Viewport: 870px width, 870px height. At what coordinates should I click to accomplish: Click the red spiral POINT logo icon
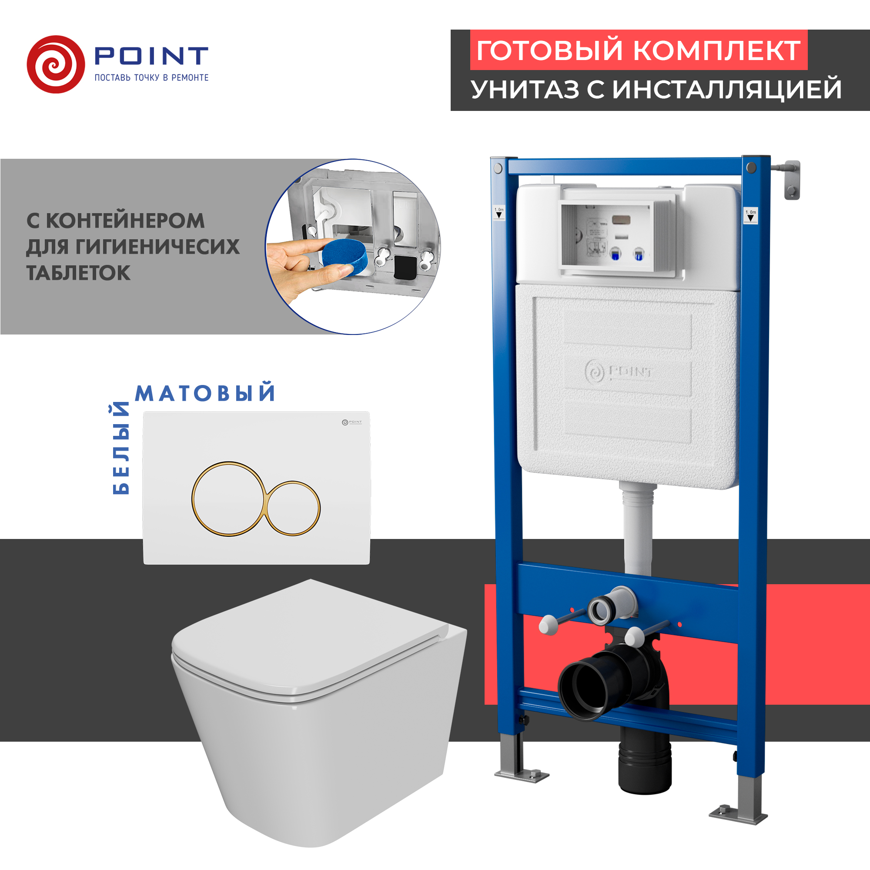pyautogui.click(x=56, y=64)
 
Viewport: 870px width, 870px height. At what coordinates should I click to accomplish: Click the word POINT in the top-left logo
pyautogui.click(x=151, y=56)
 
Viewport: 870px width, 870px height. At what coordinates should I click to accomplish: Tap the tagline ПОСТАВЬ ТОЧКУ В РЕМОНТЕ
pyautogui.click(x=151, y=78)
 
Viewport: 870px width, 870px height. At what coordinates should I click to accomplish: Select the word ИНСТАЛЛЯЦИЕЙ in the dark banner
pyautogui.click(x=727, y=89)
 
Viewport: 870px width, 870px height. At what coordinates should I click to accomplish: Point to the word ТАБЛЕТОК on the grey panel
pyautogui.click(x=78, y=273)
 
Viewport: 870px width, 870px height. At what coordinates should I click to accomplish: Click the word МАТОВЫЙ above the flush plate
pyautogui.click(x=205, y=393)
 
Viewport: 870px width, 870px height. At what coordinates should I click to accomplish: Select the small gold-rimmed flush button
pyautogui.click(x=293, y=509)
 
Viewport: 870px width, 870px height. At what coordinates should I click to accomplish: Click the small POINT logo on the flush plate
pyautogui.click(x=351, y=422)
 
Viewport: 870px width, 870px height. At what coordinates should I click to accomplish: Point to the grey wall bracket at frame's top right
pyautogui.click(x=791, y=180)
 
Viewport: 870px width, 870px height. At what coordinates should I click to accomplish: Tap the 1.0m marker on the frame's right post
pyautogui.click(x=750, y=215)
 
